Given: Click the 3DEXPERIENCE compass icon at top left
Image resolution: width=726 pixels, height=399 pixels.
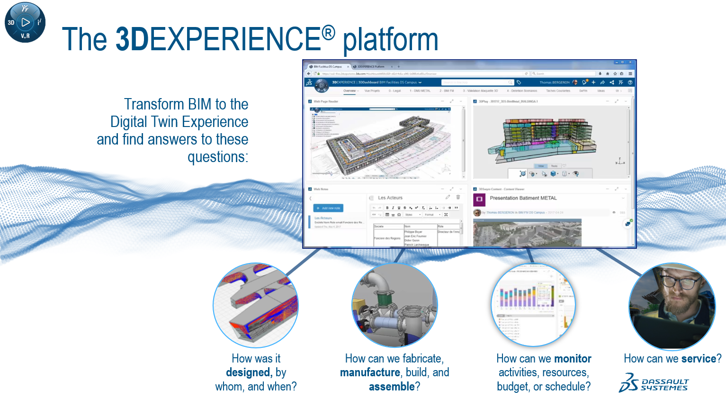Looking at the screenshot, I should coord(25,22).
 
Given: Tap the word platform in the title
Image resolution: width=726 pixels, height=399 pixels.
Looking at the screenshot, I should coord(390,40).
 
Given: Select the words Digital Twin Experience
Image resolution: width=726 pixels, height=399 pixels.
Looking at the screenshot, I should coord(179,122).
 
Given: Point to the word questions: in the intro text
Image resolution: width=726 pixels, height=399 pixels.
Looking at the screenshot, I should coord(217,157).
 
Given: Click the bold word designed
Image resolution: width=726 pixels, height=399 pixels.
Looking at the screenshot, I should coord(249,372).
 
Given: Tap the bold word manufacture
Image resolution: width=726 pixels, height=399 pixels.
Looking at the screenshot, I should coord(370,372).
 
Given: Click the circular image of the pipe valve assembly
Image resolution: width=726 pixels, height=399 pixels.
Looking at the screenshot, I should coord(394,306).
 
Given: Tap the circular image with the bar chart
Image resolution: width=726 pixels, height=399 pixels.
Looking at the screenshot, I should coord(533,306).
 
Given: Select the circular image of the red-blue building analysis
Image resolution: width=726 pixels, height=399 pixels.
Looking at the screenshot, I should coord(256,306).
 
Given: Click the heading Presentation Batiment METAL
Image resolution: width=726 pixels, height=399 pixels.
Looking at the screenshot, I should coord(523,198).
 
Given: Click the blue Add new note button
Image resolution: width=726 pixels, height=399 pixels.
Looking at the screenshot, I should coord(328,208).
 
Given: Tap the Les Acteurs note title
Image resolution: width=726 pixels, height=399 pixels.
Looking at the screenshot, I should coord(390,198).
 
